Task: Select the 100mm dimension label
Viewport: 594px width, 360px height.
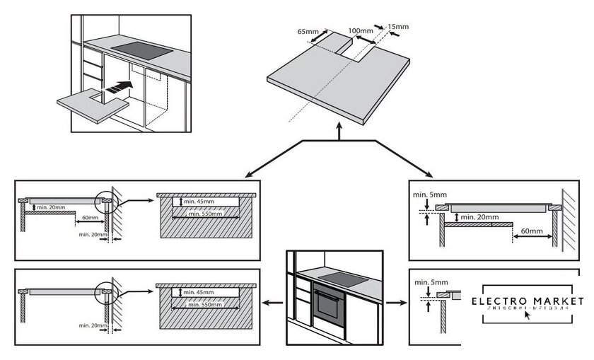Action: click(361, 31)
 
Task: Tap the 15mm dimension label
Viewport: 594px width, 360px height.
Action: click(398, 27)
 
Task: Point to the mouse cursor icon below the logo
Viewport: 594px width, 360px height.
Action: click(525, 315)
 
